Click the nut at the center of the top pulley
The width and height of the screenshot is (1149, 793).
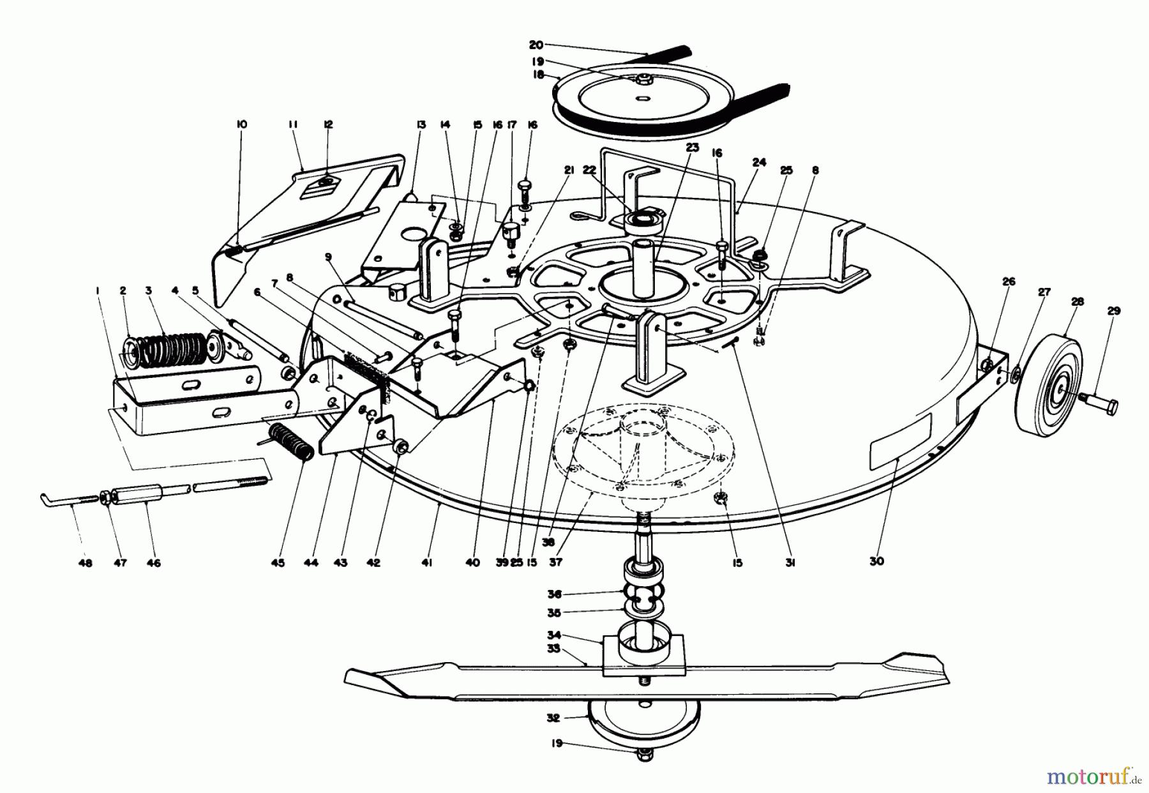tap(642, 79)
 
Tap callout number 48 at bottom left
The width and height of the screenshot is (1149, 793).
tap(85, 563)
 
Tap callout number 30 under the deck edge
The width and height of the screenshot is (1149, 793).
tap(876, 561)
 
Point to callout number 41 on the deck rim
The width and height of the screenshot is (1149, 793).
tap(427, 563)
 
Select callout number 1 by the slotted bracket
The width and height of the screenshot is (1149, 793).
tap(98, 291)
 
